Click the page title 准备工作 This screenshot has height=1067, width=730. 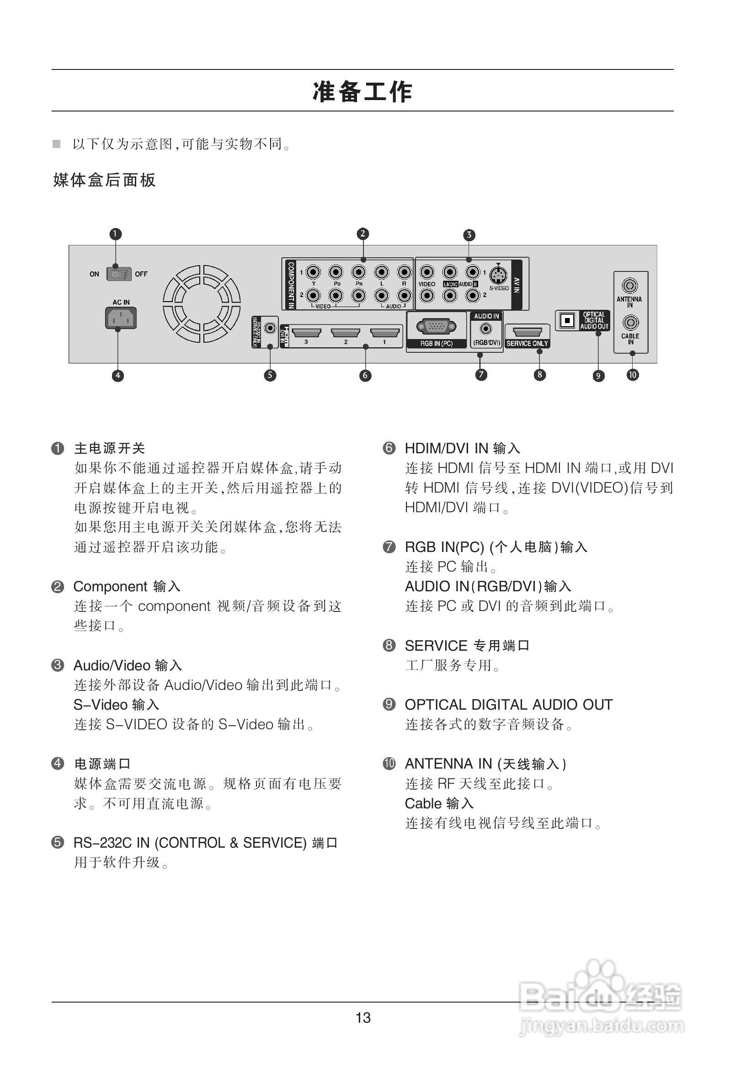pos(362,91)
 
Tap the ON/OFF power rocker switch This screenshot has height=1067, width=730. pos(119,274)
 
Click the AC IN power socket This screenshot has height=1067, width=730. pos(121,318)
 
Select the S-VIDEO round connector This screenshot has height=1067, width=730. pos(498,276)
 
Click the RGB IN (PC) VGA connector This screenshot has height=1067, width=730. pos(436,326)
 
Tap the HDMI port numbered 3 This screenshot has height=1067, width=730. pos(306,332)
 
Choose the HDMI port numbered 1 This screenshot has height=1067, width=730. pos(385,332)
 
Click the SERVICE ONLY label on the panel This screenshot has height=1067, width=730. pos(527,344)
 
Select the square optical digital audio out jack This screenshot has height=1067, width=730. pos(567,320)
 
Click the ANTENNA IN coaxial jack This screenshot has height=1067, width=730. pos(629,286)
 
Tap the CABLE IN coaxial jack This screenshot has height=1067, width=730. pos(630,322)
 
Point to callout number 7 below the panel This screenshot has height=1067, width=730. pos(481,375)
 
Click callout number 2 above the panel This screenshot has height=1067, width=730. pos(362,234)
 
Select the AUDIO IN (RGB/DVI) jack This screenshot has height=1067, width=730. pos(485,329)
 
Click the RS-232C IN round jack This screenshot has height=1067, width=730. pos(271,328)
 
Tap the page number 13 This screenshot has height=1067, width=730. pos(363,1018)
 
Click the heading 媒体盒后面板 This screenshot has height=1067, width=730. pos(104,180)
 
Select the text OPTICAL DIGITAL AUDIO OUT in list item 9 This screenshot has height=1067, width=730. pos(509,705)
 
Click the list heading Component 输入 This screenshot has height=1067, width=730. pos(127,586)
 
